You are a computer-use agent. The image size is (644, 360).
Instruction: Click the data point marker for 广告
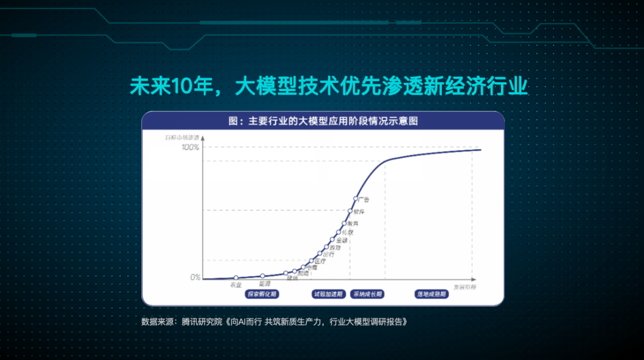[x=356, y=198]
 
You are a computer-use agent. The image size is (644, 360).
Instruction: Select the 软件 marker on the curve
[x=351, y=210]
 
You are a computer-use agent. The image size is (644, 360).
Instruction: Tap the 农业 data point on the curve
[x=236, y=278]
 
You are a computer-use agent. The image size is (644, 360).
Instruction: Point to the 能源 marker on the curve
[x=263, y=276]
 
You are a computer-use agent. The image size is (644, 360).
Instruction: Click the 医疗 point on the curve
[x=311, y=261]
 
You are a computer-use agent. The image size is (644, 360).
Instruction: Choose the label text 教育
[x=353, y=223]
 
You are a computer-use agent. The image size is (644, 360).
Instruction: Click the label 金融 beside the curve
[x=342, y=240]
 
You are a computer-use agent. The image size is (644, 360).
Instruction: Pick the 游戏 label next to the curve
[x=335, y=247]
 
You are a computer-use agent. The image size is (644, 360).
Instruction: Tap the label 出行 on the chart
[x=328, y=255]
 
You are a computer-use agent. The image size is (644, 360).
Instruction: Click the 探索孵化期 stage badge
[x=263, y=294]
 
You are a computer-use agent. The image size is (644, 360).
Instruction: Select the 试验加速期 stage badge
[x=328, y=294]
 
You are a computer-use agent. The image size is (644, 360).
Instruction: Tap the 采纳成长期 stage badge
[x=367, y=294]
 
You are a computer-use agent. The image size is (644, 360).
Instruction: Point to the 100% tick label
[x=190, y=147]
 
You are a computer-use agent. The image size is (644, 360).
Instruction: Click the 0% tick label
[x=195, y=277]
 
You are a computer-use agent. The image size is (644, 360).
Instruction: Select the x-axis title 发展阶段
[x=465, y=287]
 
